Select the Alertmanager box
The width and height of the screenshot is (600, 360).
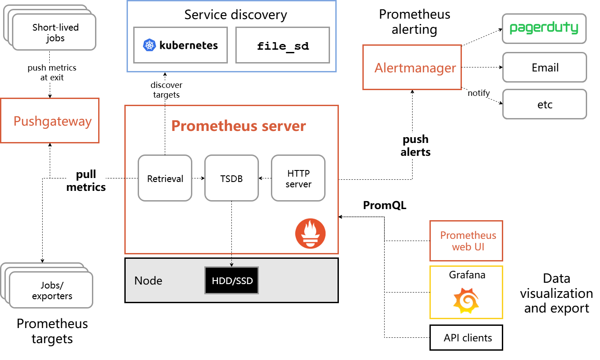412,67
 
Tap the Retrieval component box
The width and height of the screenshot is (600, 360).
165,178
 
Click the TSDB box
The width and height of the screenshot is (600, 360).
231,178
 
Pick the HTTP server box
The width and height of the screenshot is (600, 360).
298,178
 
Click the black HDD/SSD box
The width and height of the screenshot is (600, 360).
231,281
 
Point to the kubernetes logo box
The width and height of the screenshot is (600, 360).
181,45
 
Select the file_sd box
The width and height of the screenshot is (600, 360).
282,45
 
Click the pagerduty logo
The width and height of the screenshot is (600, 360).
544,28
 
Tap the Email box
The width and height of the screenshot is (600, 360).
544,67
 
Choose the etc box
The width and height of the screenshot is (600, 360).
544,104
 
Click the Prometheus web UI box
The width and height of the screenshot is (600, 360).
466,241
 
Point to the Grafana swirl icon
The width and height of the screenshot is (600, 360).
466,301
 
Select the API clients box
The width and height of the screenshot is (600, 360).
466,338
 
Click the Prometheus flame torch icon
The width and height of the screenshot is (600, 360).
310,233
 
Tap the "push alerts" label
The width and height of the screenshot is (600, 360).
416,146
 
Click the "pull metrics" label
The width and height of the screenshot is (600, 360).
86,180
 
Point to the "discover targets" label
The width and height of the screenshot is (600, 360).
167,90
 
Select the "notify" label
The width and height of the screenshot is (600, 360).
479,93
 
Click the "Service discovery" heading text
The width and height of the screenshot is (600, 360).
235,15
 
